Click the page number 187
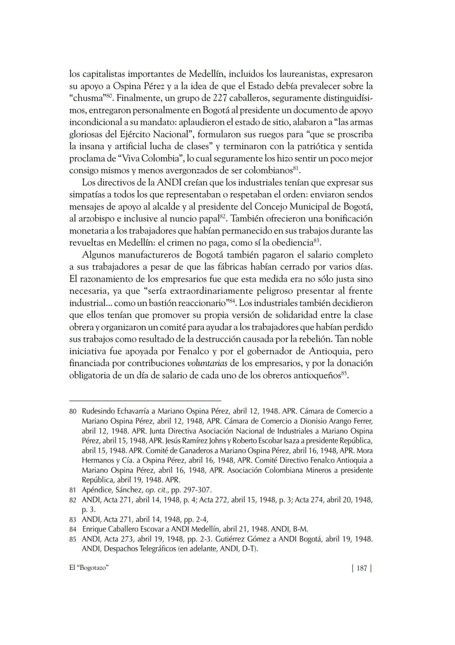361,568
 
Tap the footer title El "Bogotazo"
89,568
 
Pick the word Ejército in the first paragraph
126,134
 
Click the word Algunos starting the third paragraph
98,255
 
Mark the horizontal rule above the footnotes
145,400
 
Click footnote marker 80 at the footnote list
72,411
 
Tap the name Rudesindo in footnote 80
99,411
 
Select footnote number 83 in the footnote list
72,520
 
